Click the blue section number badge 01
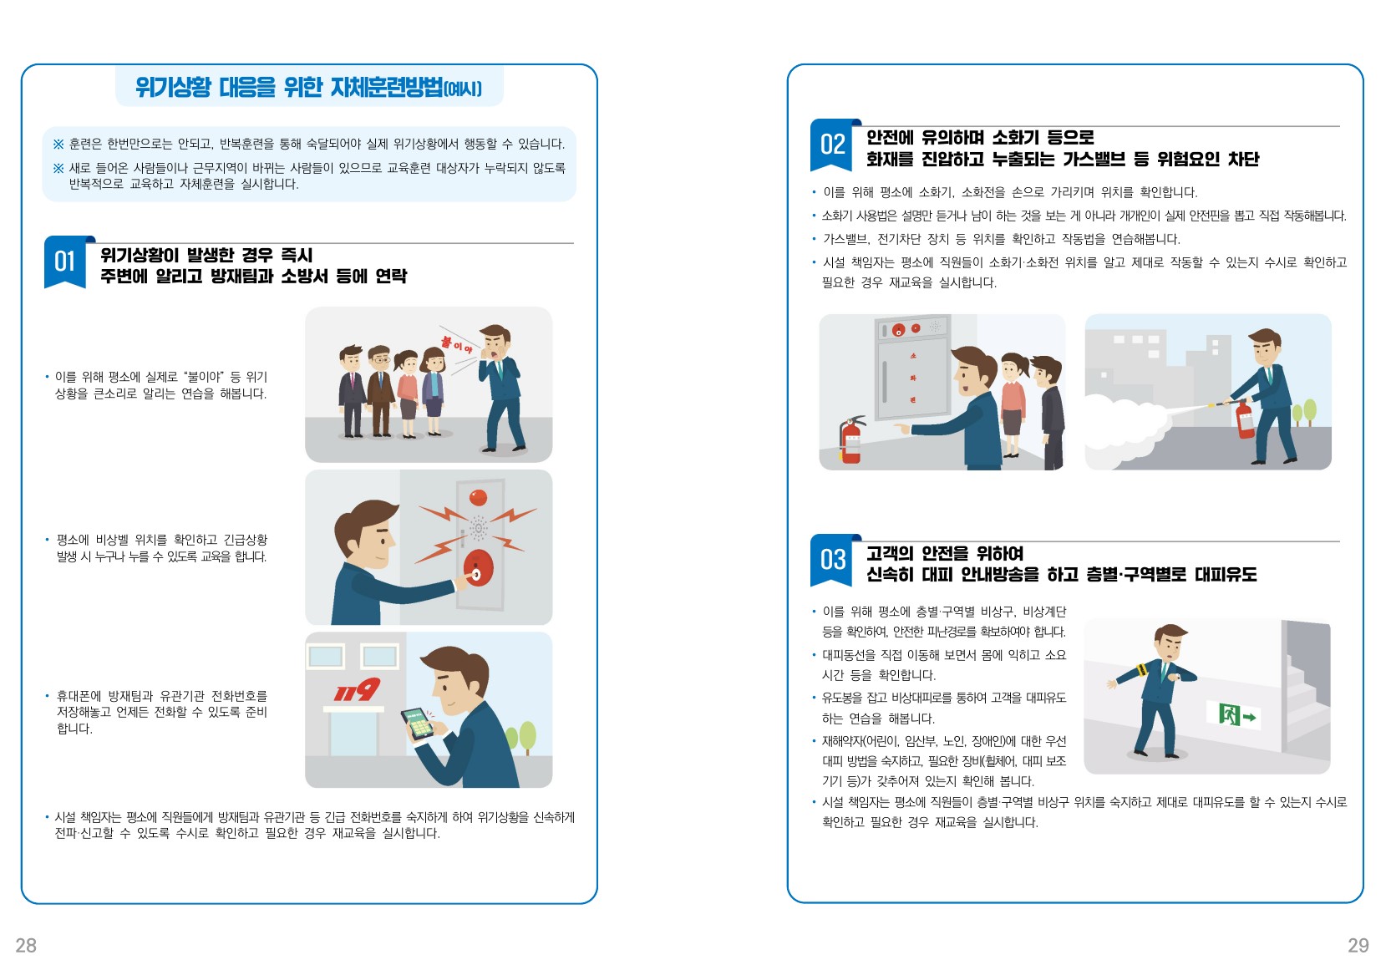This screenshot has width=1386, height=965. [66, 262]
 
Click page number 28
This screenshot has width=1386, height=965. [26, 945]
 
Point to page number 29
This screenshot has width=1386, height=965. [1358, 945]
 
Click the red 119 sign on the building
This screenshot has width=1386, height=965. [357, 689]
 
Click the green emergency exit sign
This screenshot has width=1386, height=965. [1233, 716]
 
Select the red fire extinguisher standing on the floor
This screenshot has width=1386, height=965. [850, 440]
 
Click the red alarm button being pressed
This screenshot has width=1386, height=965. [479, 568]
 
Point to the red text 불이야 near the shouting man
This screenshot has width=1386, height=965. [457, 345]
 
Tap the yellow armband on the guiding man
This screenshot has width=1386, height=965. [1141, 671]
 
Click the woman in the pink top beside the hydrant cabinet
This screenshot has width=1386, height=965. [1013, 404]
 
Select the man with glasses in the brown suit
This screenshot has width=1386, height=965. [380, 391]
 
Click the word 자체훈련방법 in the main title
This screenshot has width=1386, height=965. [387, 87]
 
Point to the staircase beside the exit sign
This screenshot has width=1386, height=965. [1306, 693]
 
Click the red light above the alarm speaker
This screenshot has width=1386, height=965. [479, 497]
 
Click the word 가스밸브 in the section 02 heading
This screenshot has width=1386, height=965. [1094, 159]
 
